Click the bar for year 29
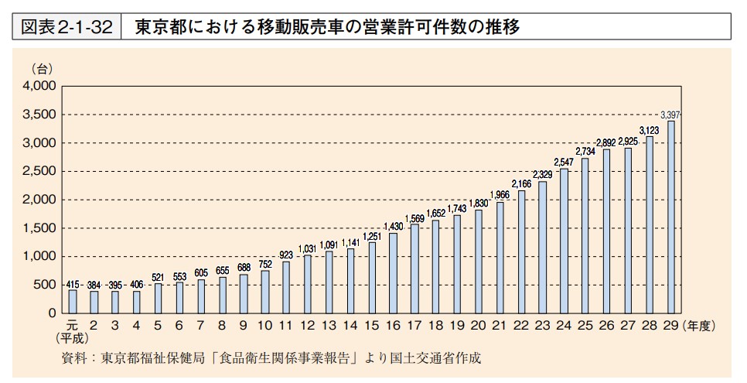pyautogui.click(x=670, y=217)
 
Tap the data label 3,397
pyautogui.click(x=670, y=115)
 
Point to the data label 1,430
pyautogui.click(x=393, y=226)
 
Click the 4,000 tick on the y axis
pyautogui.click(x=40, y=86)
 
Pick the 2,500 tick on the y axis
pyautogui.click(x=40, y=171)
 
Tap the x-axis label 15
pyautogui.click(x=372, y=325)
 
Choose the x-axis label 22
pyautogui.click(x=521, y=325)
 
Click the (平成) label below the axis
pyautogui.click(x=73, y=338)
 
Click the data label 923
pyautogui.click(x=286, y=255)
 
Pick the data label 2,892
pyautogui.click(x=606, y=143)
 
